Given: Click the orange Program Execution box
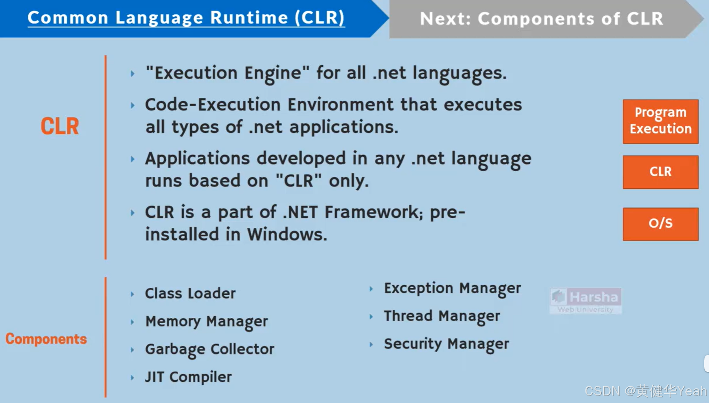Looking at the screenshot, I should tap(660, 121).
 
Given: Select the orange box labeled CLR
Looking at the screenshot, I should tap(660, 172).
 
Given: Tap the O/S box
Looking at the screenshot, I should tap(660, 224).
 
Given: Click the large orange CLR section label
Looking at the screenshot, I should tap(60, 126).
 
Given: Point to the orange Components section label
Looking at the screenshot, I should tap(46, 339).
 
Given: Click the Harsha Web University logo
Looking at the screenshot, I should tap(586, 301).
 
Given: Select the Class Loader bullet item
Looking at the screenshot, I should tap(190, 293).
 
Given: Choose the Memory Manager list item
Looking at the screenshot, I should tap(206, 321).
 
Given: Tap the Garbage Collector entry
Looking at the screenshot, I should tap(210, 349).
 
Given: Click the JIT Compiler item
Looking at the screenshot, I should tap(188, 377).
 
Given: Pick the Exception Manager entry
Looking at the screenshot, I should tap(452, 288).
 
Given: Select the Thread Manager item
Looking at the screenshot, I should tap(441, 316).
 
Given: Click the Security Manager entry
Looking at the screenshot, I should tap(446, 344).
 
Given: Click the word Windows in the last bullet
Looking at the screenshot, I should tap(287, 234).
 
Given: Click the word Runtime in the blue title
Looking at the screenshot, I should tap(249, 18).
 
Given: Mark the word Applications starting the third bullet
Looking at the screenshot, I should tap(197, 159).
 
